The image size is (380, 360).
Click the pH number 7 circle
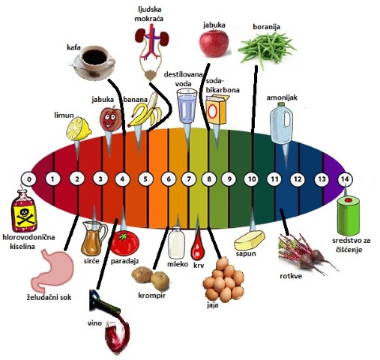coord(189,179)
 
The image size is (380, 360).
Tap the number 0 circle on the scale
coord(28,179)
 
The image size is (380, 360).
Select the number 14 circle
coord(345,179)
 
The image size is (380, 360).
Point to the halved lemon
coord(78,129)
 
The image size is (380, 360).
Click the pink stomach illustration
coord(53,270)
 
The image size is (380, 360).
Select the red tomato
coord(124,242)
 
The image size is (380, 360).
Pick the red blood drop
coord(198,247)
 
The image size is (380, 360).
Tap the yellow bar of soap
coord(250,240)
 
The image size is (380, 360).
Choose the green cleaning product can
coord(349,214)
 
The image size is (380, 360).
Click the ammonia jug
coord(282,124)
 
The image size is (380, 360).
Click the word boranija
coord(266,27)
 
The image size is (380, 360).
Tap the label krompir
coord(152,295)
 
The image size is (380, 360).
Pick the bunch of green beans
coord(267,49)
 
